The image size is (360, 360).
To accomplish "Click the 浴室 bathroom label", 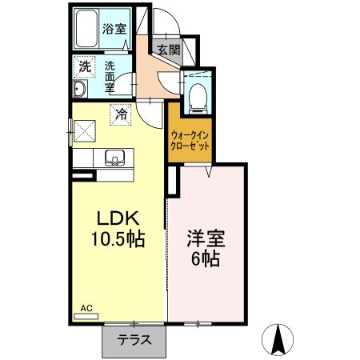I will tap(114, 30).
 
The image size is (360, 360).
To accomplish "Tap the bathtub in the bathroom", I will tap(86, 31).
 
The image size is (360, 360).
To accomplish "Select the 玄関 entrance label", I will tap(168, 50).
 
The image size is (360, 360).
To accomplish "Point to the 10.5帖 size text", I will tap(120, 238).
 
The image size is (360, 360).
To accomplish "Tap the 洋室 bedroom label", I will tap(206, 238).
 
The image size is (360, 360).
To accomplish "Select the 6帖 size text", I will tap(206, 259).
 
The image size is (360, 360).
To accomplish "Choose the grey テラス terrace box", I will tap(134, 339).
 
